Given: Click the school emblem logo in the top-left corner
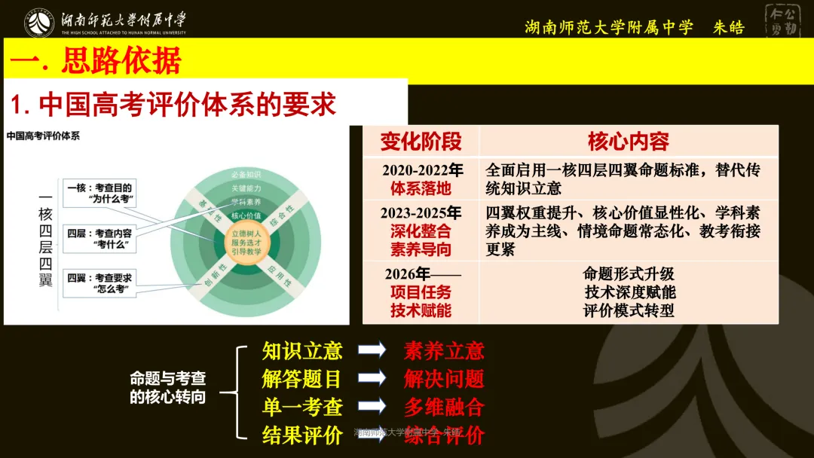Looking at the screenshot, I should coord(38,23).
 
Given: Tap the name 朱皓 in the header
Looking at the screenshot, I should coord(728,28).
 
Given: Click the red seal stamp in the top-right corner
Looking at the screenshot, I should coord(785,22).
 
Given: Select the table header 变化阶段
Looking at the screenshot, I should coord(421,141).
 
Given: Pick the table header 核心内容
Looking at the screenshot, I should coord(628,141).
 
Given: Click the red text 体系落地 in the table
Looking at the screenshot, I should coord(421,188).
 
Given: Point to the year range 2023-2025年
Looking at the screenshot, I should coord(421,212).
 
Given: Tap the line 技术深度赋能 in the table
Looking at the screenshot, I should coord(629,292).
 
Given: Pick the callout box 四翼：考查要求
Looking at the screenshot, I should coord(101,282).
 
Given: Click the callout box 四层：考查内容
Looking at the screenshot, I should coord(101,239).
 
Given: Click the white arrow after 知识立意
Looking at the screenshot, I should coord(372,350).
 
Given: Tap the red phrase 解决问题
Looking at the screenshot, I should coord(443,379).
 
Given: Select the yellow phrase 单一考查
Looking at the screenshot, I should coord(302,408).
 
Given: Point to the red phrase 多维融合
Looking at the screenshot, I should coord(443,408).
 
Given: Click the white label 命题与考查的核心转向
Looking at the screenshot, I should coord(167,388).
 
